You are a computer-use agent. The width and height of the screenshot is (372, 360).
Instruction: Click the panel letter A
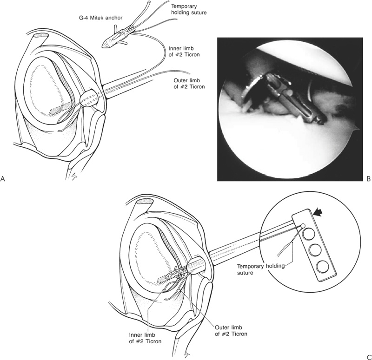(4, 177)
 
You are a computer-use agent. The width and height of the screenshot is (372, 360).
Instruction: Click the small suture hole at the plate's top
(303, 226)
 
